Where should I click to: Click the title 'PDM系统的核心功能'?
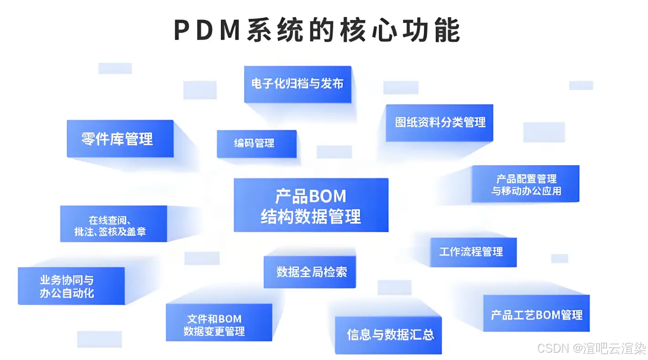[x=317, y=31]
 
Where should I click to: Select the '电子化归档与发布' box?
[x=298, y=84]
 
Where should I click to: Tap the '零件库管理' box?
[x=120, y=139]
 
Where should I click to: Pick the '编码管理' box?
[x=256, y=144]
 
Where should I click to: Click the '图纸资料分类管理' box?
[x=439, y=122]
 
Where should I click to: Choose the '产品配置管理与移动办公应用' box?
[x=525, y=184]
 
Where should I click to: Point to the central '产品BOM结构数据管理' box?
[x=311, y=205]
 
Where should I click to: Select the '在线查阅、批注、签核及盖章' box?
[x=114, y=224]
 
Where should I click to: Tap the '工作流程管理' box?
[x=473, y=252]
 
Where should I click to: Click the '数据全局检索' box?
[x=309, y=272]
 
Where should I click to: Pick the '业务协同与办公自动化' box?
[x=71, y=286]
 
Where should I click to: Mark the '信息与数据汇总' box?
[x=388, y=335]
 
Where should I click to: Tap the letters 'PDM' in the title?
[x=207, y=31]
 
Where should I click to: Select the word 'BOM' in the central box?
[x=327, y=197]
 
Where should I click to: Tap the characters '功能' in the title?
[x=435, y=31]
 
